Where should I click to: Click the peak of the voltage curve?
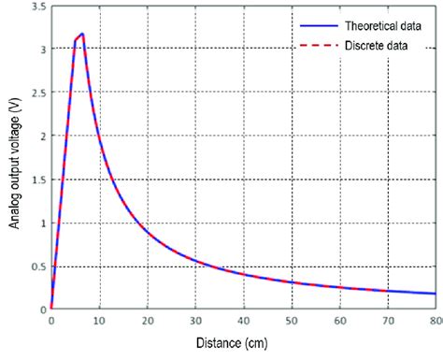(x=82, y=35)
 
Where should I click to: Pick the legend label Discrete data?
(x=366, y=46)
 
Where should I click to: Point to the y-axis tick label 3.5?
(x=36, y=7)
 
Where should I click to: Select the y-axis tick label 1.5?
(x=36, y=180)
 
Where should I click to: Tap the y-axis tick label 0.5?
(x=36, y=266)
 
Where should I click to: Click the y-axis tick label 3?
(x=42, y=50)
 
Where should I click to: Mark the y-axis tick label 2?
(x=42, y=137)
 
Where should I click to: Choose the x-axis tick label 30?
(x=195, y=323)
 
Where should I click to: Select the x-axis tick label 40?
(x=243, y=323)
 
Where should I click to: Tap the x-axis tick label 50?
(x=292, y=323)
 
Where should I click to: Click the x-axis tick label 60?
(x=339, y=323)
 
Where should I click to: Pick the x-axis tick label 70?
(x=387, y=323)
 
